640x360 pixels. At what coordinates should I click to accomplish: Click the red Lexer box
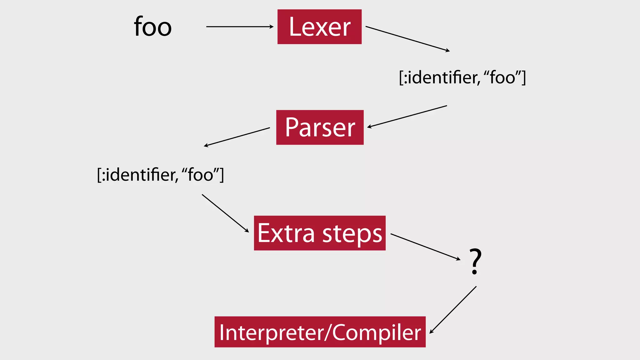click(x=319, y=27)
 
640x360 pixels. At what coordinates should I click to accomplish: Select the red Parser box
click(x=320, y=127)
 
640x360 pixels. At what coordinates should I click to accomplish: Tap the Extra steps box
click(x=320, y=233)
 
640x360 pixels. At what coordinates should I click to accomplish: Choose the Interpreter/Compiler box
click(x=320, y=332)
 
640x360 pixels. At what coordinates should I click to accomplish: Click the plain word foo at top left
click(x=153, y=27)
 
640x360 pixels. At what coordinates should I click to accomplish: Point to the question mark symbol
click(x=475, y=261)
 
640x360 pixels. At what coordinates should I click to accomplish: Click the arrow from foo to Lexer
click(x=239, y=27)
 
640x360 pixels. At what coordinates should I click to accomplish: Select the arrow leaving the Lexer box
click(x=407, y=38)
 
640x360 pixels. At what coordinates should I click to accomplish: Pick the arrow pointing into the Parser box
click(x=407, y=116)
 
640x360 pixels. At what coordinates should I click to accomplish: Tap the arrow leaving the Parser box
click(x=237, y=137)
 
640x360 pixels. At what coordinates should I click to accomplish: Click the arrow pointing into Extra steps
click(x=225, y=213)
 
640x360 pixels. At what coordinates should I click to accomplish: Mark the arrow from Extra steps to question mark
click(x=425, y=247)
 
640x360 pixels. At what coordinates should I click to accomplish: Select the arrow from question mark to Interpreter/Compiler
click(x=453, y=310)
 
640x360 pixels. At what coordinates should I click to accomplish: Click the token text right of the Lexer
click(x=462, y=77)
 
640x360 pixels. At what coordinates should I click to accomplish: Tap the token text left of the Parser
click(x=160, y=175)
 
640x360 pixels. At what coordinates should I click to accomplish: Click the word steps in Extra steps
click(x=352, y=234)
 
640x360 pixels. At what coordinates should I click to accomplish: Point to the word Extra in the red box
click(x=286, y=233)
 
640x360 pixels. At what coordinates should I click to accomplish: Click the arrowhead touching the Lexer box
click(x=272, y=27)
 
